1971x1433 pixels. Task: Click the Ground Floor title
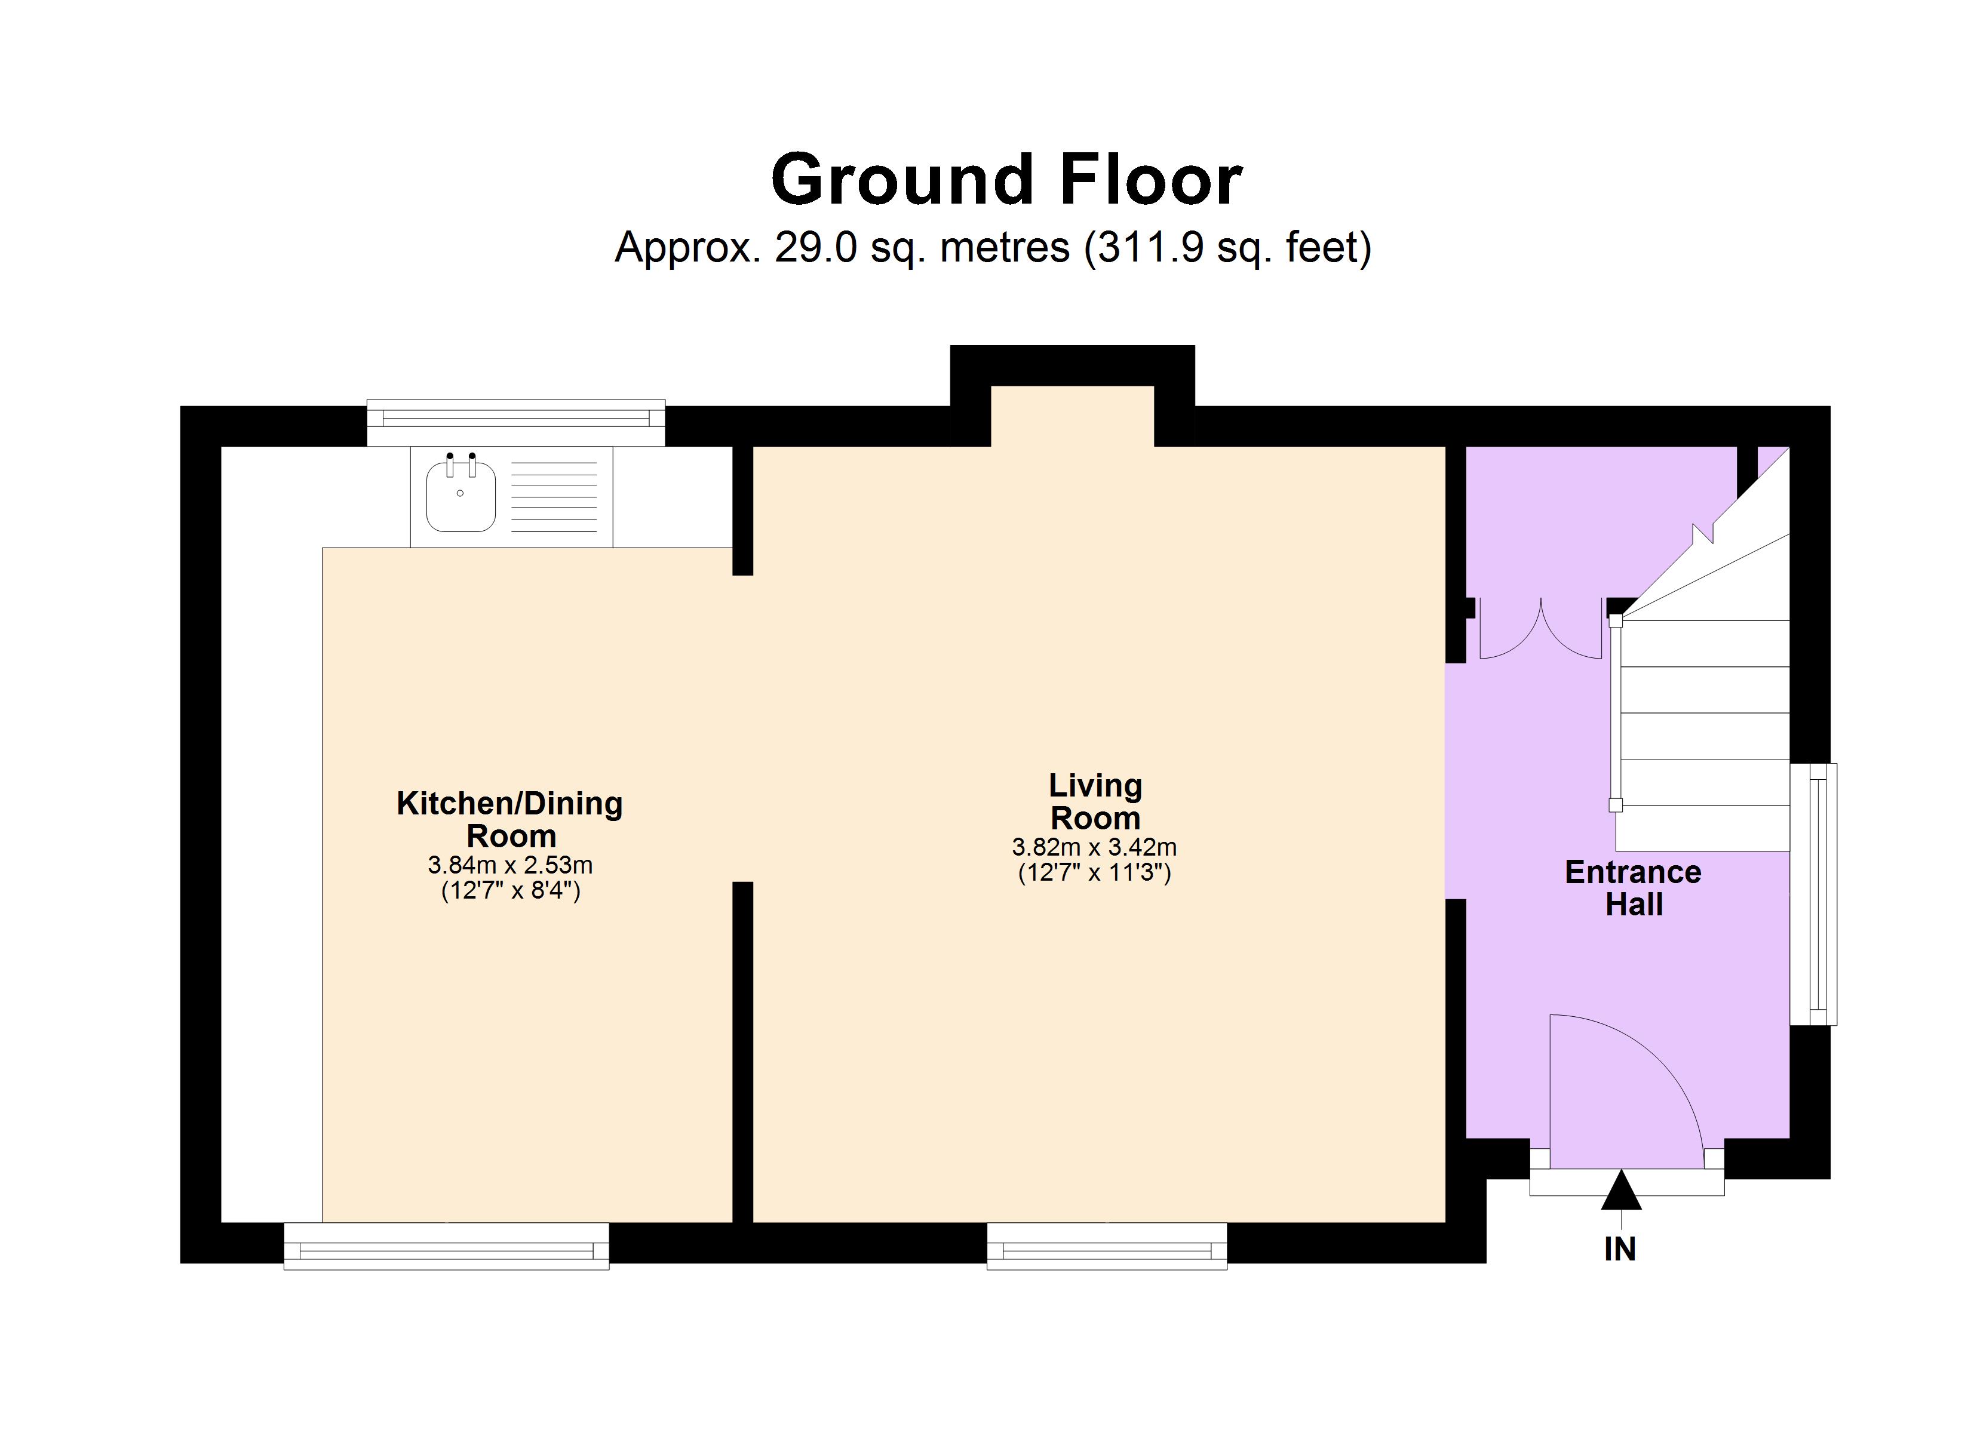click(1006, 180)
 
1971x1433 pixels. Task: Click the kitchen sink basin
click(460, 497)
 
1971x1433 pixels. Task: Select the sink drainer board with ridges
click(554, 497)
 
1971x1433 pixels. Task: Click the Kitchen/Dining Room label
click(510, 819)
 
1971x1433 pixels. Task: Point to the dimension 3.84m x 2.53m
click(510, 865)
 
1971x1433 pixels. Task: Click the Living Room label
click(1095, 801)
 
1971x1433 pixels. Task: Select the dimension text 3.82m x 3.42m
click(1094, 847)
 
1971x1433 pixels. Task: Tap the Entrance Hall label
click(1633, 887)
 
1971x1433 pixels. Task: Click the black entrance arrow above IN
click(1621, 1192)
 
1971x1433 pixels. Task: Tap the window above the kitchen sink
click(515, 422)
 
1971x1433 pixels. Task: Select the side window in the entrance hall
click(1815, 893)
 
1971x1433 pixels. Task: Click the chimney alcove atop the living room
click(1073, 416)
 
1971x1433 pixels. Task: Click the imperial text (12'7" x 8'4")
click(510, 891)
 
